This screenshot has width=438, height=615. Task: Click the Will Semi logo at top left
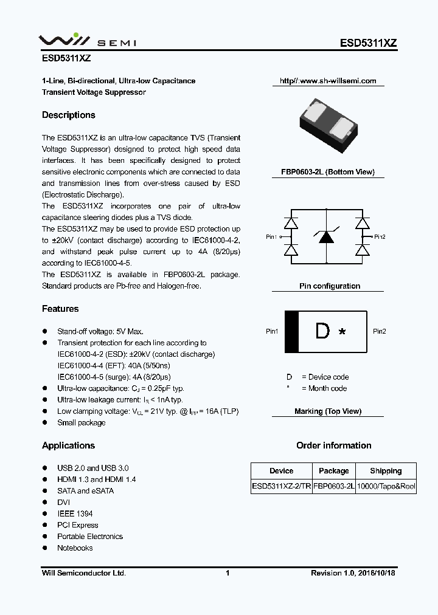point(88,41)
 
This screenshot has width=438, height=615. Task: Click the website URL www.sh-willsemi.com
point(328,81)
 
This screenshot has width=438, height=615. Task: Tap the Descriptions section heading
point(69,115)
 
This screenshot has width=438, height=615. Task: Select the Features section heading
point(60,309)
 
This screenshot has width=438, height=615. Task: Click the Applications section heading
point(69,445)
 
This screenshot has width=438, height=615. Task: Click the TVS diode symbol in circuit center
point(327,236)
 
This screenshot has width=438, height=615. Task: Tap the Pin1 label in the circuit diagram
point(271,237)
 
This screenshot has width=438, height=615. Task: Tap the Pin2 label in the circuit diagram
point(380,237)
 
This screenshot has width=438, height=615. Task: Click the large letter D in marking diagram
point(322,331)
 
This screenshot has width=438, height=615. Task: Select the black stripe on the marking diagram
point(291,331)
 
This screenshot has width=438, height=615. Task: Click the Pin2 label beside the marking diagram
point(380,331)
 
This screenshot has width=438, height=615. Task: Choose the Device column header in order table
point(281,471)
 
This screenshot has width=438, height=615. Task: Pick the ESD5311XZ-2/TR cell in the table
point(282,486)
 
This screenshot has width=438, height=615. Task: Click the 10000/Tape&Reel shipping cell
point(386,486)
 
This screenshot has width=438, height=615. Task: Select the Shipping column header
point(386,471)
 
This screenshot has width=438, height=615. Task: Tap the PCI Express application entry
point(78,525)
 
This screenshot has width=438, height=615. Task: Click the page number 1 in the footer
point(227,573)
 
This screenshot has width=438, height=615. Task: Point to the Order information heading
point(333,445)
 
